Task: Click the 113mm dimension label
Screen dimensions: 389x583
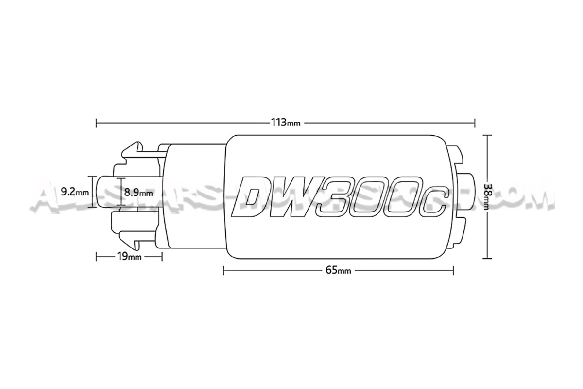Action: coord(285,122)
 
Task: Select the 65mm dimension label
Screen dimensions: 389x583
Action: coord(338,270)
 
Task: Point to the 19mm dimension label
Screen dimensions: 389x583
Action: coord(129,257)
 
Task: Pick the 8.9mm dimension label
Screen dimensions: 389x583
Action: coord(138,193)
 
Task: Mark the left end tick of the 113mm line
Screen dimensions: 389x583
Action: coord(97,122)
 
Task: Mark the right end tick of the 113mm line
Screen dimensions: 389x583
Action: coord(475,122)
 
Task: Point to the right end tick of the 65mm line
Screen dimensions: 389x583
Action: coord(453,270)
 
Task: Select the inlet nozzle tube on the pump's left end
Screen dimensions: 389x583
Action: coord(107,192)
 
